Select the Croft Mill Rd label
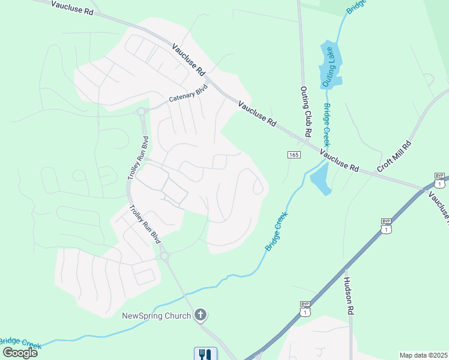394,157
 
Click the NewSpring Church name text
156,316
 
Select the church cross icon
201,316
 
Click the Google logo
20,353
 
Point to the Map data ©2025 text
423,355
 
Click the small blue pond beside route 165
321,179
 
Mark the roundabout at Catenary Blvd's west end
142,111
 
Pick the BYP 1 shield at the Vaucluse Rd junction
441,181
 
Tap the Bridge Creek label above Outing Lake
355,7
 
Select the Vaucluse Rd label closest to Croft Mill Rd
339,160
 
